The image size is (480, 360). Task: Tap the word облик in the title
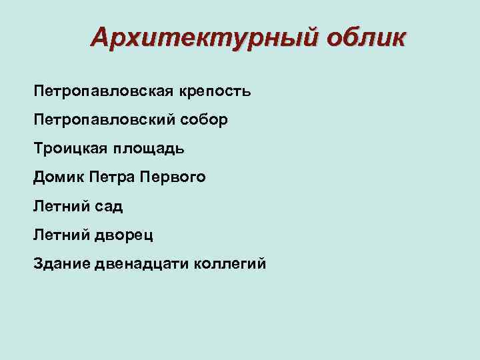[365, 38]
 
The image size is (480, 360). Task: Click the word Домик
[55, 177]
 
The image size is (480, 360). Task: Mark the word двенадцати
[140, 264]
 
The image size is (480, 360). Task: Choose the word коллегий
[229, 264]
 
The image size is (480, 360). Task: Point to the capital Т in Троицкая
[38, 149]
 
